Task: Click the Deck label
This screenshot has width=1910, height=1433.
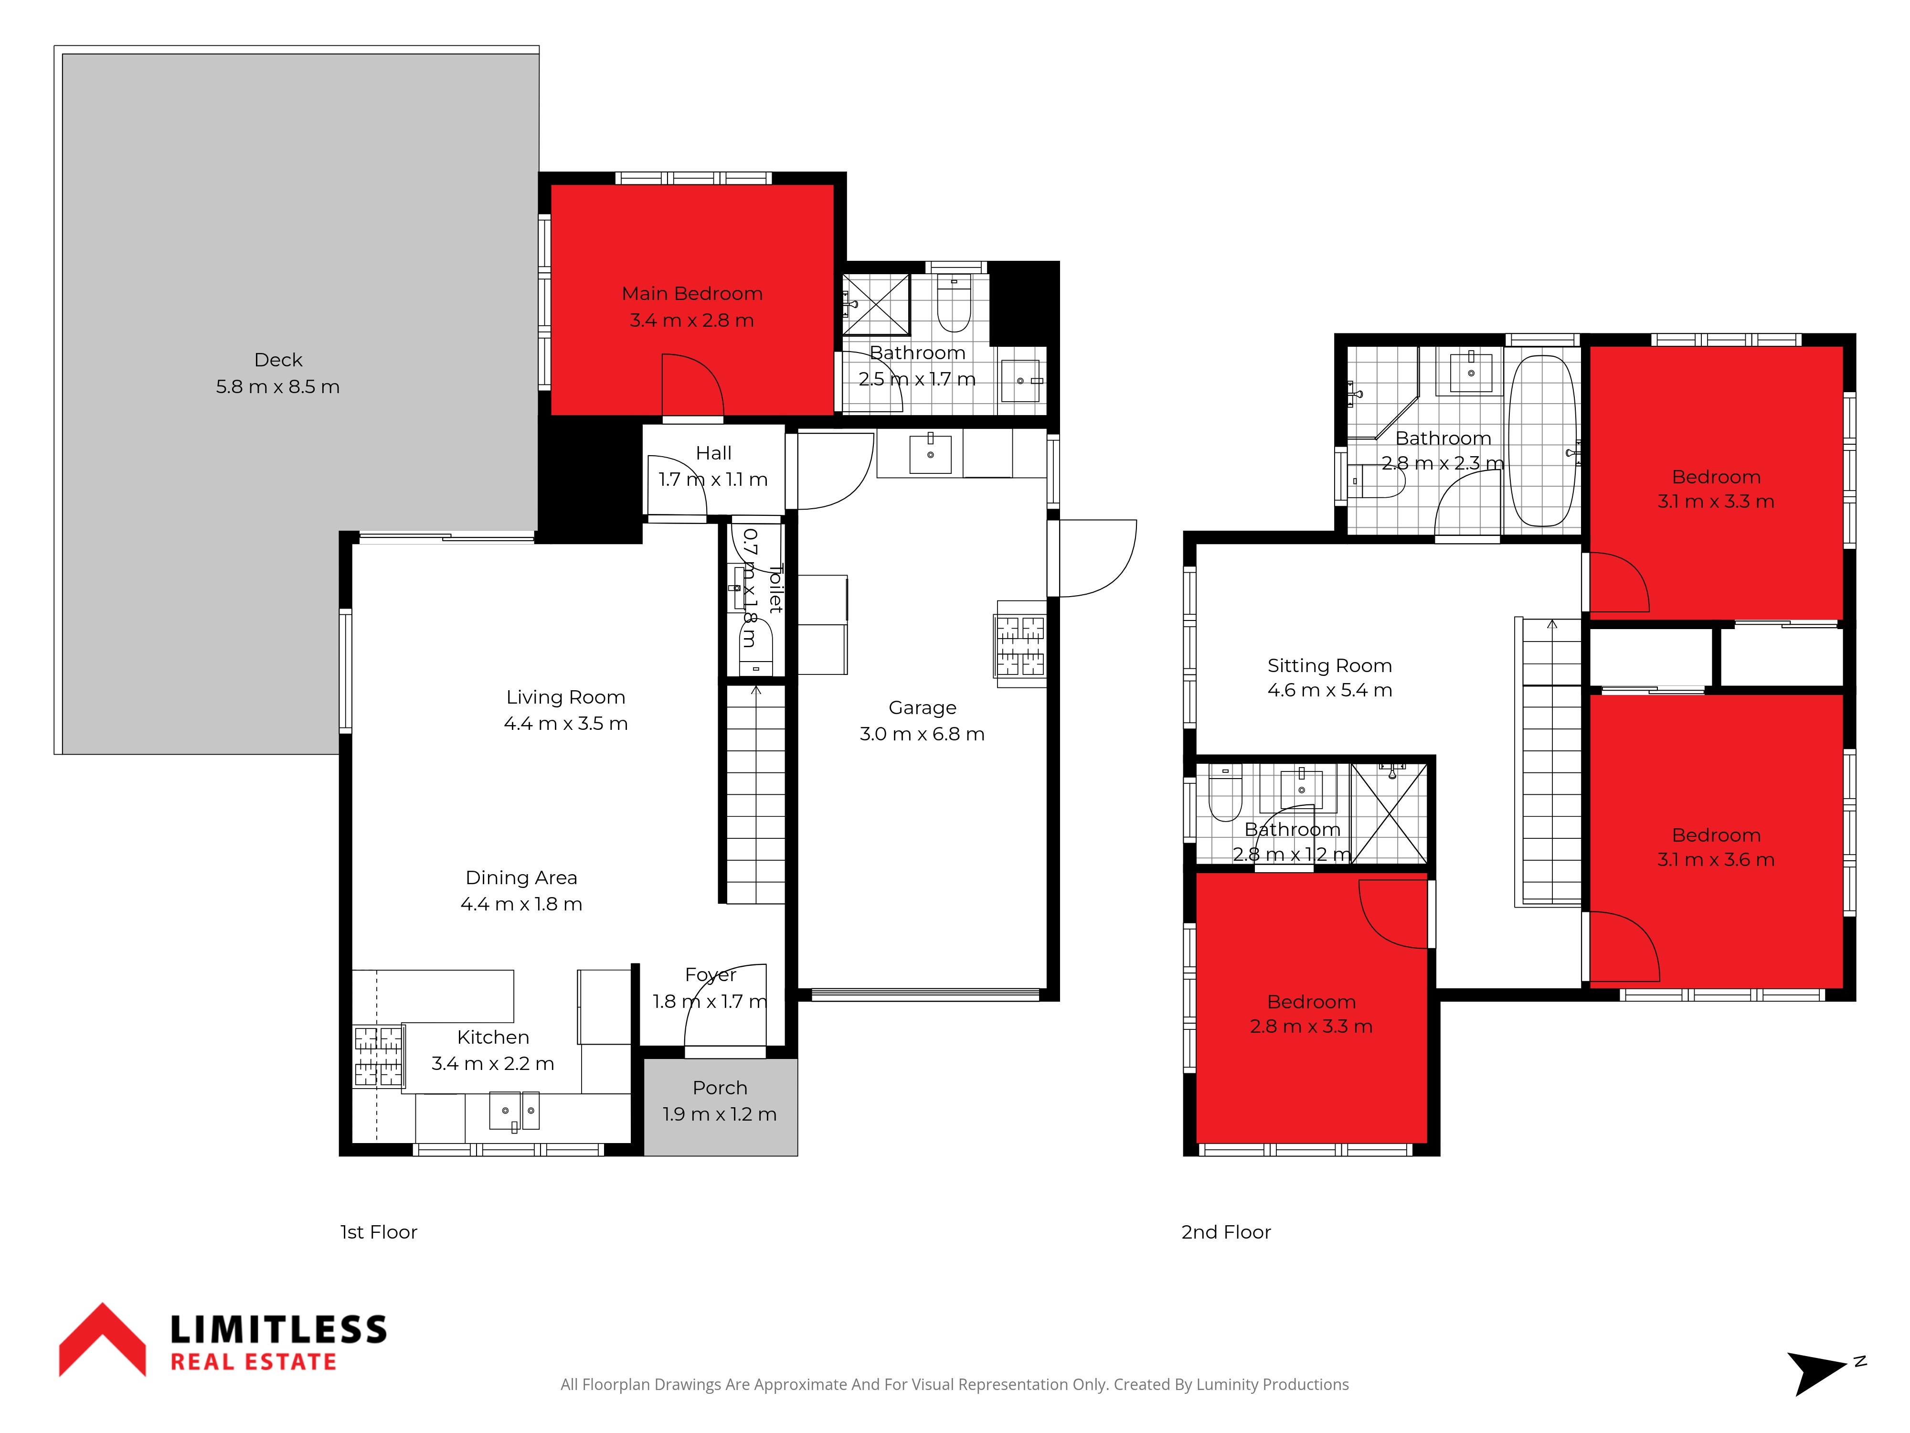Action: pos(278,359)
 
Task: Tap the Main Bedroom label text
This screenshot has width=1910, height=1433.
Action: pos(691,294)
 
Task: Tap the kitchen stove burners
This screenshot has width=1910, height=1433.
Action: pos(378,1056)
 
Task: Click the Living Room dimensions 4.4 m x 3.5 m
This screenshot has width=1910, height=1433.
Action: pos(565,724)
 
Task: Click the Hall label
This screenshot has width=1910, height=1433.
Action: pos(713,453)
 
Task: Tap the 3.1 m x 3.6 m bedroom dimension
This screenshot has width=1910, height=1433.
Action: pos(1716,859)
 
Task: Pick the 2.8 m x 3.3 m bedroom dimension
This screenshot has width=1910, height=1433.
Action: pos(1311,1026)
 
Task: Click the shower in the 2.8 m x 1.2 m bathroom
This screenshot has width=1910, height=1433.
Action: pos(1389,813)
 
